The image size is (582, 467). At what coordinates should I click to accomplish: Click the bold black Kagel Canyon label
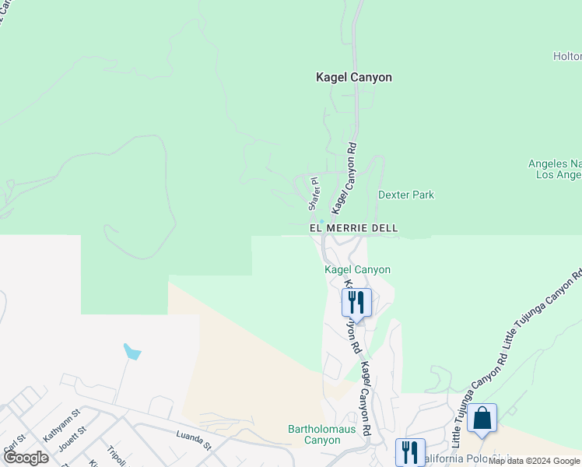click(353, 78)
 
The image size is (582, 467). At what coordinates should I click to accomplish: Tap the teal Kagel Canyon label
click(357, 269)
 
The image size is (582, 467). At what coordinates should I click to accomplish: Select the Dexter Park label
click(406, 195)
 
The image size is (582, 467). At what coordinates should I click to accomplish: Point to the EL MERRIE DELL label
click(354, 228)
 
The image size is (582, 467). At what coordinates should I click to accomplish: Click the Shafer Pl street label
click(314, 193)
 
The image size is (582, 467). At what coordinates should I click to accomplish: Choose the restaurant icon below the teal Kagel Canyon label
click(356, 301)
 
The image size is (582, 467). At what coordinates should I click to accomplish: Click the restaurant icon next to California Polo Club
click(410, 452)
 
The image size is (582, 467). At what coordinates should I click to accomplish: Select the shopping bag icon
click(482, 418)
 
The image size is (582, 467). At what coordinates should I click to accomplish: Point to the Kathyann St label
click(61, 425)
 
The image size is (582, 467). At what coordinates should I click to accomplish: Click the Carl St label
click(11, 450)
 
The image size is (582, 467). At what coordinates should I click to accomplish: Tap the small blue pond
click(133, 352)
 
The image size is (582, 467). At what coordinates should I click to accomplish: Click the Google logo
click(25, 458)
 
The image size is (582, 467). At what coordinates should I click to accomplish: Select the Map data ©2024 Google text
click(535, 461)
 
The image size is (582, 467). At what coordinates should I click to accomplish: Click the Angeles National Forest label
click(554, 169)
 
